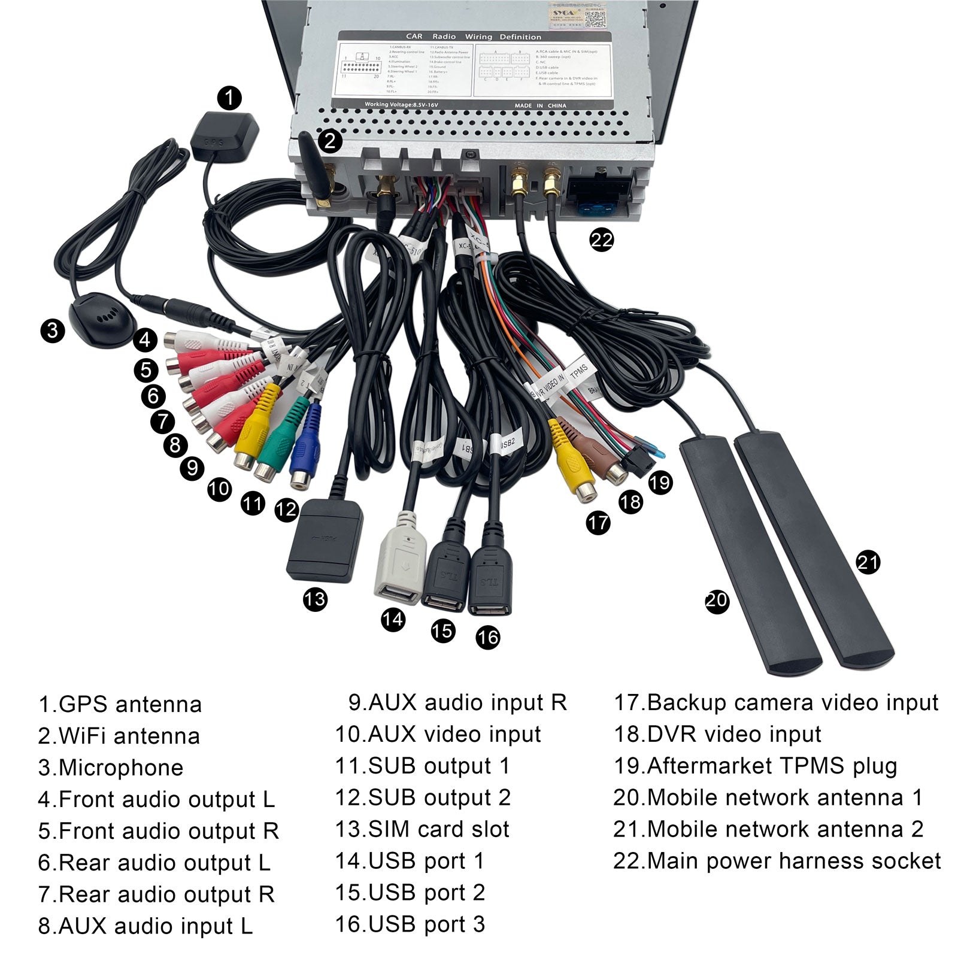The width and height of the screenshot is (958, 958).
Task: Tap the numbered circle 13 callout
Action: (315, 599)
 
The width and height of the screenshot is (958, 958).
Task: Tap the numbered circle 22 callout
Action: (601, 240)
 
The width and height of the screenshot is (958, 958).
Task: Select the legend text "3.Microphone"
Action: (111, 768)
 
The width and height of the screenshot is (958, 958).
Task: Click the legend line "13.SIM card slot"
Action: (422, 829)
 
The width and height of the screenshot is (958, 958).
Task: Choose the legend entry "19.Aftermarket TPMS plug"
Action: (755, 766)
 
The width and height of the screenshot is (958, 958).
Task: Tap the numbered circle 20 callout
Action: (717, 600)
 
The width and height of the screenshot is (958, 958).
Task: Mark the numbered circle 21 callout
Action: (868, 562)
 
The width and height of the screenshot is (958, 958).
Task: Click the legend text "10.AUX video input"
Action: (438, 734)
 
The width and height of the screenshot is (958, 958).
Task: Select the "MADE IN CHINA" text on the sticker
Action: (540, 105)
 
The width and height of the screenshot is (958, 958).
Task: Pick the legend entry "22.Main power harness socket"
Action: (777, 861)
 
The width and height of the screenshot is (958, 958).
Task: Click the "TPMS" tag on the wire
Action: (578, 371)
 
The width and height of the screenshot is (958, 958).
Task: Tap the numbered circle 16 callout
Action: (487, 637)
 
